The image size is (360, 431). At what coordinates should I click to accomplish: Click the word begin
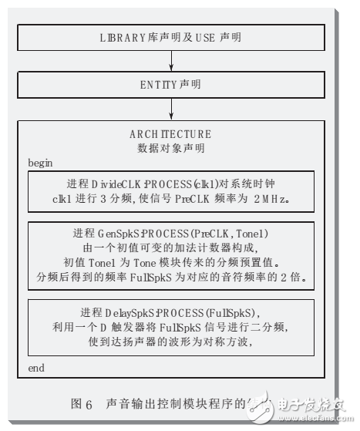(x=41, y=163)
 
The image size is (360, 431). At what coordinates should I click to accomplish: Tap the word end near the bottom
(x=36, y=369)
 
